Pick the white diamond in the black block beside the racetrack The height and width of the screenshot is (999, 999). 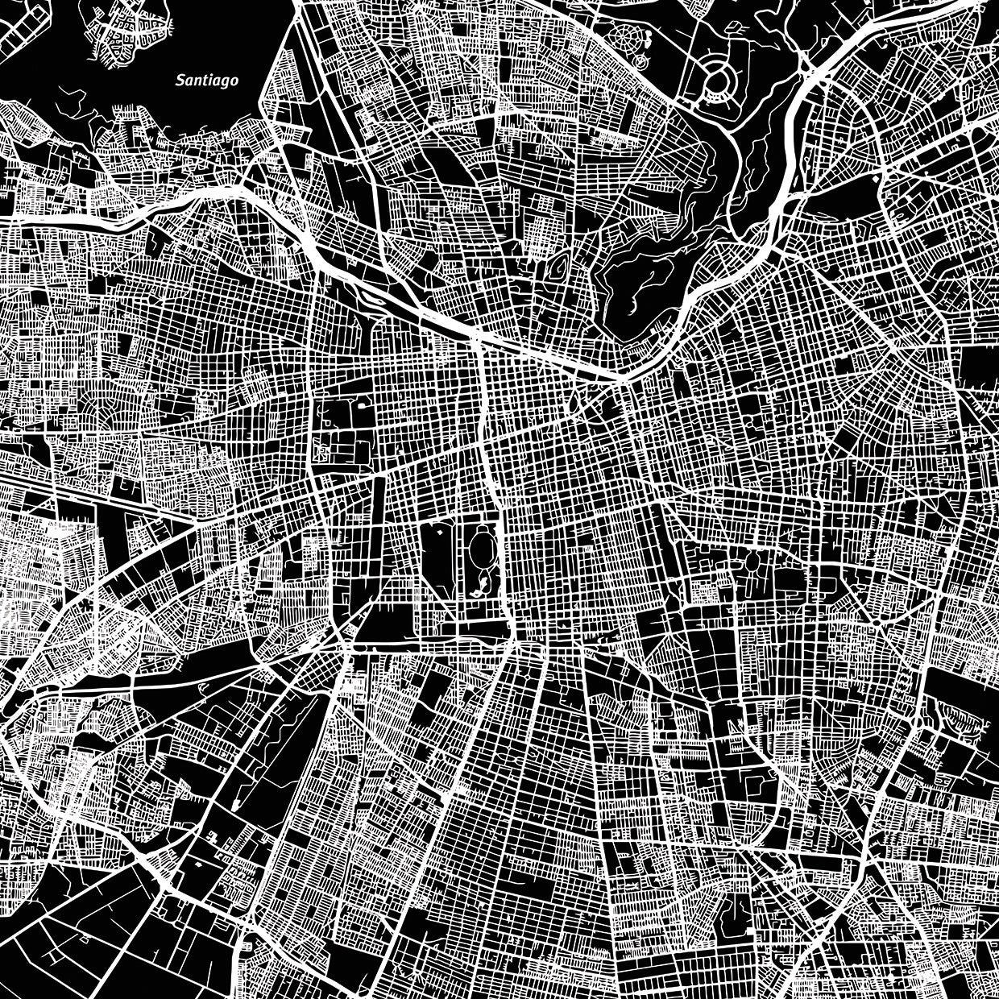[440, 533]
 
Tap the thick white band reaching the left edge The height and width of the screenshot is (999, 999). [48, 218]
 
